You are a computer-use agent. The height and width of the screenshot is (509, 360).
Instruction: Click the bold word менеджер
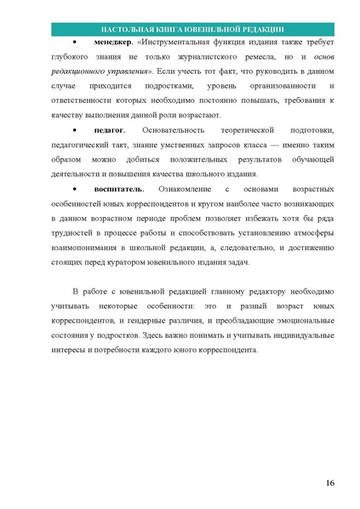[106, 42]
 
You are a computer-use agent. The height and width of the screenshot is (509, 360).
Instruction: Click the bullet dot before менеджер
[76, 42]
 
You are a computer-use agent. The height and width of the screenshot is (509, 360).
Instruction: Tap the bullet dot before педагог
[76, 129]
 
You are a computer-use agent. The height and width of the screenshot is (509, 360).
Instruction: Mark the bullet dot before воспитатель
[76, 188]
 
